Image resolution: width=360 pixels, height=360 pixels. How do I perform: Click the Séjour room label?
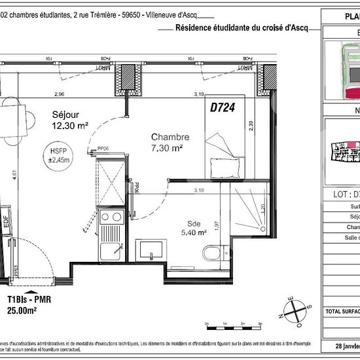67,114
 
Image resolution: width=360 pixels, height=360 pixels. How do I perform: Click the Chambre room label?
170,137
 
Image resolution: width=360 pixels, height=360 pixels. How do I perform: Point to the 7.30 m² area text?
167,148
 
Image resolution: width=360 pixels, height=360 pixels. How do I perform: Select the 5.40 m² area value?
194,231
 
